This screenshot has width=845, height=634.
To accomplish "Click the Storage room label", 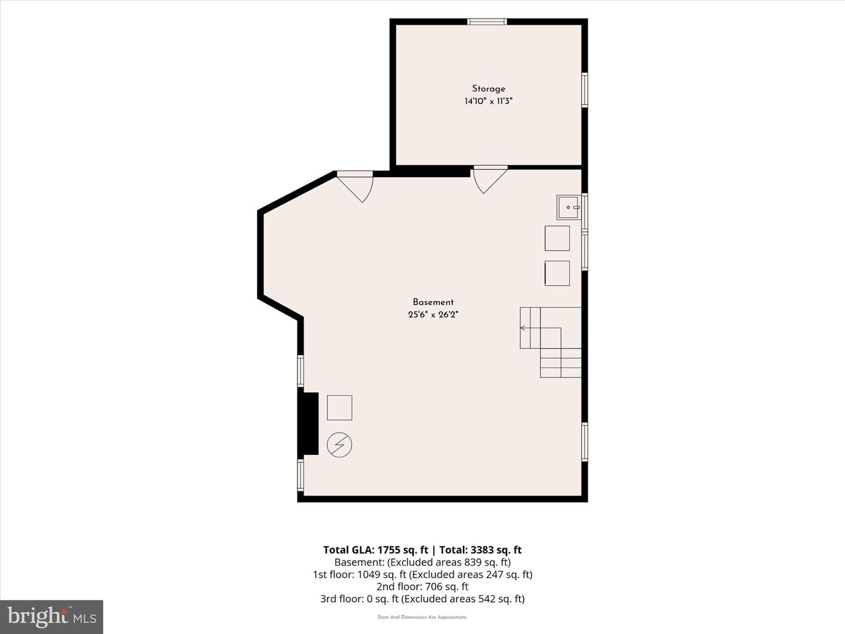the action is (x=489, y=89).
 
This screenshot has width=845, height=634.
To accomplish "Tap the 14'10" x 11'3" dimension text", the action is (x=489, y=101).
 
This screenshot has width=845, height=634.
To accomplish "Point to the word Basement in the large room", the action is (x=433, y=302).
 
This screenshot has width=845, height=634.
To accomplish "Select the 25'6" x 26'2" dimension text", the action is (x=433, y=315).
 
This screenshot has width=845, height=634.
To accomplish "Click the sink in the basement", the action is (x=568, y=207).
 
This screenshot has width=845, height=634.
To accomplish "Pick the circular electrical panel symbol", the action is (x=339, y=445).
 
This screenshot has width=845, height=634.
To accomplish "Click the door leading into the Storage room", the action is (x=490, y=180).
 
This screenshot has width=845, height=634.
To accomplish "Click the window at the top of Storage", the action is (x=487, y=22).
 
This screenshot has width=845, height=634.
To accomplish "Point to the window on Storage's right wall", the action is (x=584, y=90).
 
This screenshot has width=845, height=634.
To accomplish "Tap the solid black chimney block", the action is (x=308, y=423).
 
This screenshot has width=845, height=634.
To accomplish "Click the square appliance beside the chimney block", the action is (x=339, y=407).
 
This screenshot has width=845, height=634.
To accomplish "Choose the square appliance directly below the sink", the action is (x=557, y=238).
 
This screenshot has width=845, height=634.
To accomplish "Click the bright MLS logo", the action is (x=52, y=616).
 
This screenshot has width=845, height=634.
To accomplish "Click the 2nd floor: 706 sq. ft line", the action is (x=422, y=586).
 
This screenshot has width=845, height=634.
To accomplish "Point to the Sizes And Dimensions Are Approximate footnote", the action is (x=422, y=617).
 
